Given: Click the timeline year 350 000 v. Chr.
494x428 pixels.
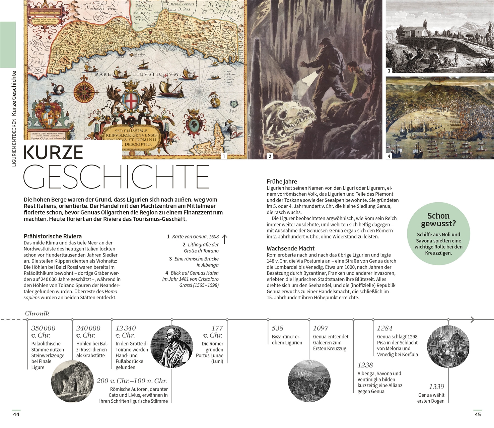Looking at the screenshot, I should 43,331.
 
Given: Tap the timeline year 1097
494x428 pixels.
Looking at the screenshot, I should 321,328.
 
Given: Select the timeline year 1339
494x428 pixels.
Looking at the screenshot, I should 436,387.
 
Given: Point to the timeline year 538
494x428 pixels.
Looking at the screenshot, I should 277,328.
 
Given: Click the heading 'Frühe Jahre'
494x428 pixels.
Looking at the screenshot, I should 282,182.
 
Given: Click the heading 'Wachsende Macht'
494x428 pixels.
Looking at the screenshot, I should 290,248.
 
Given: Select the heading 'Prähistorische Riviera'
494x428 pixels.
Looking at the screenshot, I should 53,236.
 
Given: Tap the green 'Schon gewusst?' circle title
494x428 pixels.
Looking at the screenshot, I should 438,220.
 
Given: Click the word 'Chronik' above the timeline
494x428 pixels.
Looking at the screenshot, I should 37,313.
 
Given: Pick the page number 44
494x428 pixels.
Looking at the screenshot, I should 16,414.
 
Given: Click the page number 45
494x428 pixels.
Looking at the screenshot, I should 478,414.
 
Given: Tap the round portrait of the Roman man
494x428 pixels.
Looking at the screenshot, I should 172,346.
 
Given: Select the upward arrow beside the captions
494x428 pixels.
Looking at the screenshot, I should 225,239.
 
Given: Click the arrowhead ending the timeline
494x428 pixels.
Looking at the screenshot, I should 472,320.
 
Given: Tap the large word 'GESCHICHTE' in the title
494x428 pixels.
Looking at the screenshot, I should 116,176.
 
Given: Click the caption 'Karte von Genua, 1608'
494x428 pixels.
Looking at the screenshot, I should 195,236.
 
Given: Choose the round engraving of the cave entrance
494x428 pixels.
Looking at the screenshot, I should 73,381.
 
